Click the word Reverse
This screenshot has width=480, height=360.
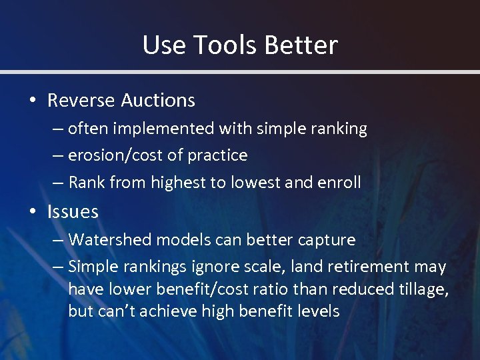coord(81,101)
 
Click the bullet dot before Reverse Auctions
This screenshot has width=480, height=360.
coord(33,101)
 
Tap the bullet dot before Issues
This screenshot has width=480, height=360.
coord(33,213)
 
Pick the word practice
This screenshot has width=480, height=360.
coord(217,156)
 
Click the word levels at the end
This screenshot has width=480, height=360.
coord(319,311)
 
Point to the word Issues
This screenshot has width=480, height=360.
coord(73,213)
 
